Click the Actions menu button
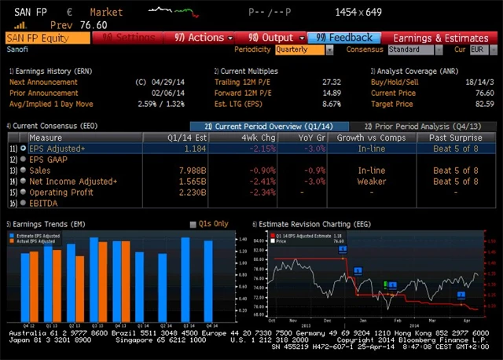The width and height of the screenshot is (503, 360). [x=200, y=37]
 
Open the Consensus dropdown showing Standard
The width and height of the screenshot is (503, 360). [x=414, y=50]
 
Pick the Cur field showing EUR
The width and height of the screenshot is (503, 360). [x=477, y=50]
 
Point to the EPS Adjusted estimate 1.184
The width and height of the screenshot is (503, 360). [x=194, y=148]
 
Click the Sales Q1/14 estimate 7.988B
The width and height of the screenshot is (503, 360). [x=193, y=170]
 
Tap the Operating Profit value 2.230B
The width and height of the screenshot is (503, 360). [x=193, y=192]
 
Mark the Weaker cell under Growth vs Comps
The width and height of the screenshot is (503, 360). [x=372, y=181]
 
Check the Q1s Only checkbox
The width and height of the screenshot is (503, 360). [x=193, y=224]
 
